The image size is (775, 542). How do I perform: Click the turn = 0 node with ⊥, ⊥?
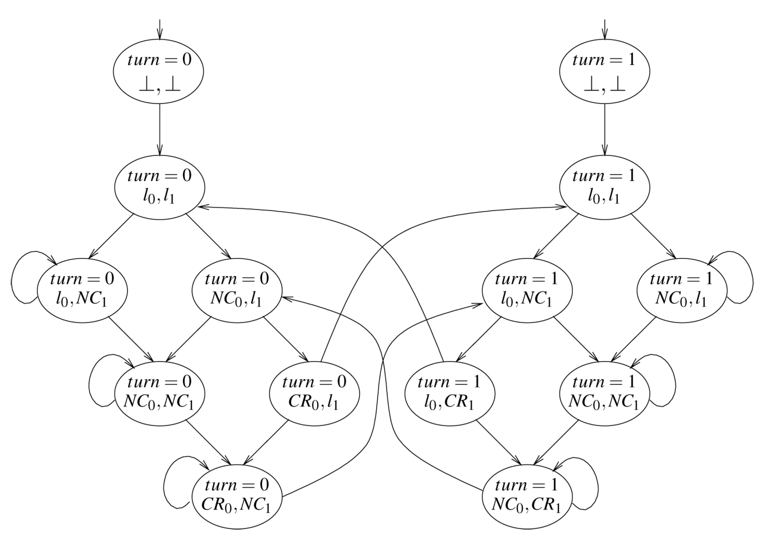tap(159, 72)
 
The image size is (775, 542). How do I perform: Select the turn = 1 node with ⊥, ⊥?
tap(604, 72)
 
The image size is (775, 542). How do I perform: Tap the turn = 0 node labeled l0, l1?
tap(159, 187)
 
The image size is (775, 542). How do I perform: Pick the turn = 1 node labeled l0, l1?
tap(604, 187)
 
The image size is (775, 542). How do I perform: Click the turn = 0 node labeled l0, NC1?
tap(82, 290)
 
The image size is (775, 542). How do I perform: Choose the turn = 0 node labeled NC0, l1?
tap(237, 290)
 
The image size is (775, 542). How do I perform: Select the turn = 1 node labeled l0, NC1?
tap(527, 290)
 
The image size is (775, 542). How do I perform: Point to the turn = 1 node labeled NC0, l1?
tap(682, 290)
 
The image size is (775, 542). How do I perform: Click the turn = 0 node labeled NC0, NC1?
tap(159, 393)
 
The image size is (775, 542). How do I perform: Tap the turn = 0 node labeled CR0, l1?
tap(314, 393)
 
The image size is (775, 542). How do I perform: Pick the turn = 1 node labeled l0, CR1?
tap(449, 393)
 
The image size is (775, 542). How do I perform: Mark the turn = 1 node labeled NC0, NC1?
tap(604, 393)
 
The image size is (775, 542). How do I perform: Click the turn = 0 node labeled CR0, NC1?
tap(237, 496)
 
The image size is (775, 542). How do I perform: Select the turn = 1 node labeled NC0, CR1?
tap(527, 496)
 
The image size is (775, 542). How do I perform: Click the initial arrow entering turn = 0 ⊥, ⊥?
tap(159, 28)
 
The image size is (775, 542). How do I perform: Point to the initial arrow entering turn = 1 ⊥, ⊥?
tap(605, 28)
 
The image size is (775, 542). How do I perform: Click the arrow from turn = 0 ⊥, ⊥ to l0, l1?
tap(159, 129)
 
